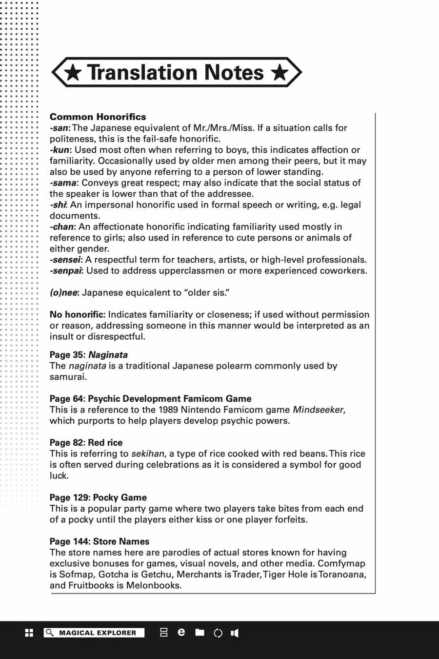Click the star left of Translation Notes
pos(73,73)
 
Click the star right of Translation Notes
pos(279,73)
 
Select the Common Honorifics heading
pos(98,117)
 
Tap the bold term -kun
pos(60,150)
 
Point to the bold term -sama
pos(63,183)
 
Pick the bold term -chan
pos(62,227)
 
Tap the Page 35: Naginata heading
pos(88,355)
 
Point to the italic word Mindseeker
pos(319,410)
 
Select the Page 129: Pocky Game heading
pos(98,497)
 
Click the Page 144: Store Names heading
pos(99,541)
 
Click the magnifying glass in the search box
pos(49,633)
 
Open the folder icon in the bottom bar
pos(200,633)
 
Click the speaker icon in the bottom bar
pos(235,633)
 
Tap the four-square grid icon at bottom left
pos(29,633)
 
